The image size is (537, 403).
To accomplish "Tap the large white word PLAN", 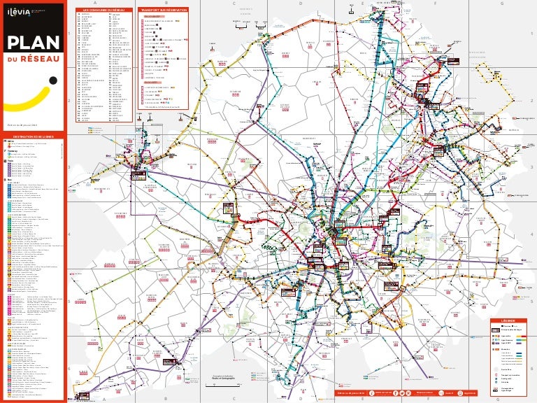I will pyautogui.click(x=32, y=43).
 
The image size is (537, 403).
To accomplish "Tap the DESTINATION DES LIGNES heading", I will pyautogui.click(x=34, y=136).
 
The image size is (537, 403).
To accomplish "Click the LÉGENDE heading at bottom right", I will pyautogui.click(x=507, y=320).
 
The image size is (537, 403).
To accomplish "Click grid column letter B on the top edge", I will pyautogui.click(x=165, y=3).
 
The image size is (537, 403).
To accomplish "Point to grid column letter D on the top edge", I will pyautogui.click(x=300, y=3).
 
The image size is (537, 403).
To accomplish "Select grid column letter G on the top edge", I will pyautogui.click(x=502, y=3).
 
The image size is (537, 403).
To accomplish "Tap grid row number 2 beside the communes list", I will pyautogui.click(x=70, y=100).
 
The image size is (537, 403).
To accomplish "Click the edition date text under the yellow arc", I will pyautogui.click(x=21, y=125).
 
